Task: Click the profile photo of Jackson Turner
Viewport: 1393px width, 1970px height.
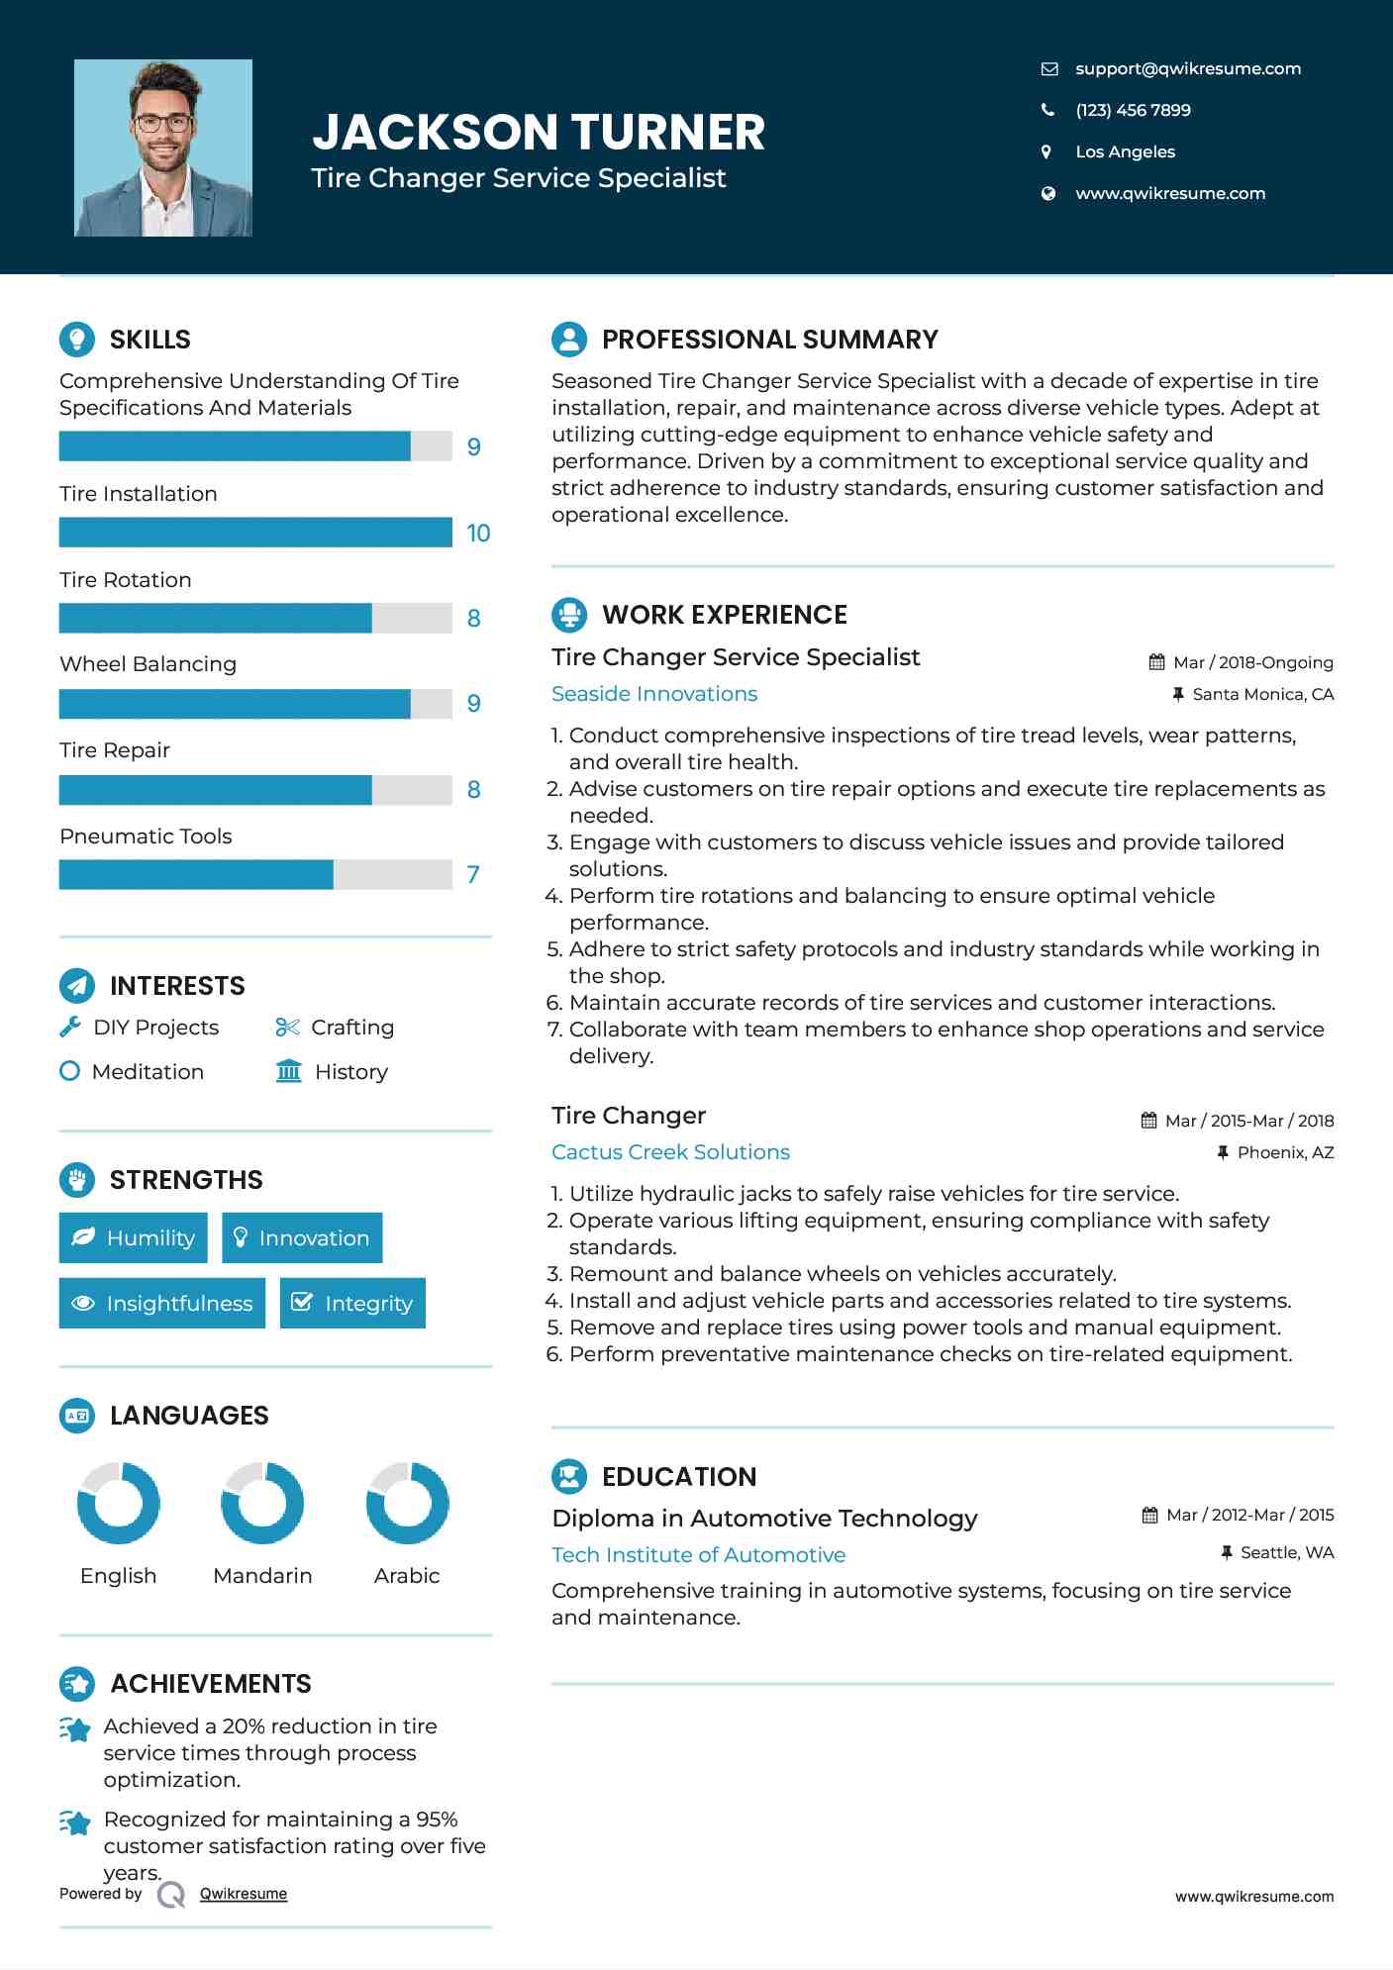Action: pyautogui.click(x=163, y=148)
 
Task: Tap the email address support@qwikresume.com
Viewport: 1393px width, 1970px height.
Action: pyautogui.click(x=1187, y=68)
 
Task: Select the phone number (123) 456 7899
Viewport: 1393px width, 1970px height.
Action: pyautogui.click(x=1133, y=110)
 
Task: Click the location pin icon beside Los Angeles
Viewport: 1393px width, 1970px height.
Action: pyautogui.click(x=1046, y=151)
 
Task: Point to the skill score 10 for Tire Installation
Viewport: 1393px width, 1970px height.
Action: pyautogui.click(x=478, y=534)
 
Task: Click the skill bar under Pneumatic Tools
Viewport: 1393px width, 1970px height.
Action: pyautogui.click(x=255, y=874)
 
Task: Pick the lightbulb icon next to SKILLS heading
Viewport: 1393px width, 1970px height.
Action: pyautogui.click(x=77, y=340)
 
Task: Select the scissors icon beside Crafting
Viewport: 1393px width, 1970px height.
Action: pyautogui.click(x=287, y=1028)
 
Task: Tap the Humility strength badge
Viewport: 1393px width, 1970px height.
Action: pyautogui.click(x=134, y=1237)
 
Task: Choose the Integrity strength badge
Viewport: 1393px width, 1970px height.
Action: pyautogui.click(x=352, y=1303)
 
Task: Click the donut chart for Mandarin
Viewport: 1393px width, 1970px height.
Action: pyautogui.click(x=262, y=1503)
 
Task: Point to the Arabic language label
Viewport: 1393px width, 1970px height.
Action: pyautogui.click(x=407, y=1575)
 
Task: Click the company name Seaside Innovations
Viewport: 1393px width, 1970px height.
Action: pyautogui.click(x=654, y=694)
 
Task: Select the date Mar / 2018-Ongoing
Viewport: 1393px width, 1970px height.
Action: pyautogui.click(x=1252, y=662)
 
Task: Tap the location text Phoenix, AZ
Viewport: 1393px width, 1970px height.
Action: pyautogui.click(x=1285, y=1152)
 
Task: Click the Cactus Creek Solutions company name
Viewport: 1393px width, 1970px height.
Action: pyautogui.click(x=670, y=1152)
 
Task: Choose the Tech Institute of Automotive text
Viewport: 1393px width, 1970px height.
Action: pyautogui.click(x=698, y=1555)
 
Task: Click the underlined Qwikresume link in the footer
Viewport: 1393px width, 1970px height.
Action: pyautogui.click(x=244, y=1894)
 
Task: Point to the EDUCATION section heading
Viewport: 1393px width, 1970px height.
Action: pyautogui.click(x=679, y=1477)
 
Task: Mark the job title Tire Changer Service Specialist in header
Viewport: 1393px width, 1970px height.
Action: pyautogui.click(x=519, y=178)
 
